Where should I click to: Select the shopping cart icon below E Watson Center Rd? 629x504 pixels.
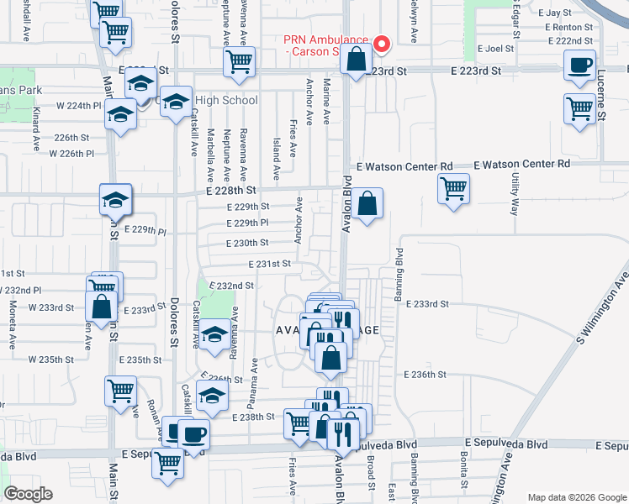point(453,188)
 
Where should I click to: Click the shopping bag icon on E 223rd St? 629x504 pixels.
point(357,60)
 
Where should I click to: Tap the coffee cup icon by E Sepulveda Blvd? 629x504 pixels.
point(193,435)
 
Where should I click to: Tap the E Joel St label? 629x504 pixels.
point(495,49)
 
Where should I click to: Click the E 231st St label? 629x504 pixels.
point(269,264)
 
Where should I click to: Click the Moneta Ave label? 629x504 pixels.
point(13,328)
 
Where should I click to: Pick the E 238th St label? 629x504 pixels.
point(254,417)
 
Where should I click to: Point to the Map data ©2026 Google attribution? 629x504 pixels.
point(577,497)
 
